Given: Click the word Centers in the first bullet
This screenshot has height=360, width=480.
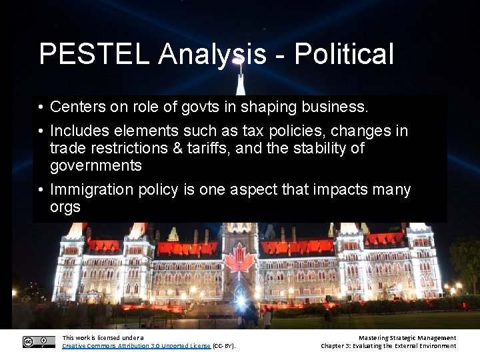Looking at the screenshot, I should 75,107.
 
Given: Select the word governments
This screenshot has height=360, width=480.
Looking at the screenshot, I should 96,165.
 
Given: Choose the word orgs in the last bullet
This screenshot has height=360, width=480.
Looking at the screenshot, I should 65,207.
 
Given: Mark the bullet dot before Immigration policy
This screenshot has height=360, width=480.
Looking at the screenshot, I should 41,190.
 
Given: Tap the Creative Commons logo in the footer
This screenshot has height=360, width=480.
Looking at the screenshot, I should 39,341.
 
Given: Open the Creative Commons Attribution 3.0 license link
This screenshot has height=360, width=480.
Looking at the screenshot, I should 136,346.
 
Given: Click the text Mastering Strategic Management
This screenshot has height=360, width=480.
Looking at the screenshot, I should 407,338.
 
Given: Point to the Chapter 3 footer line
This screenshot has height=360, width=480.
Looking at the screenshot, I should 388,346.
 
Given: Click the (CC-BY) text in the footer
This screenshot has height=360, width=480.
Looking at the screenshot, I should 224,346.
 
